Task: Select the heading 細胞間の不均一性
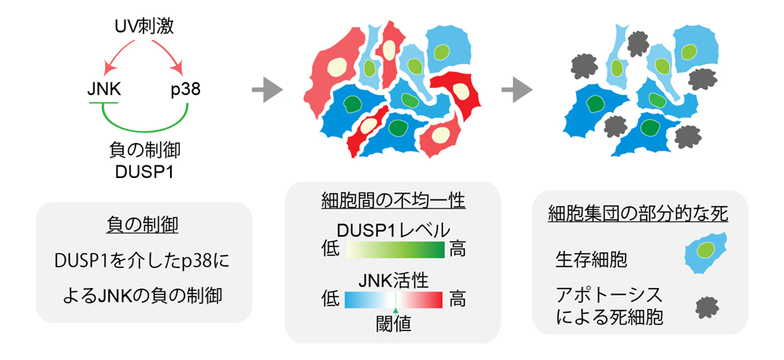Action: (x=394, y=203)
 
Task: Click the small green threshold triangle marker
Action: (x=396, y=311)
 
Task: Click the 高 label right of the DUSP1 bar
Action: (x=459, y=251)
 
